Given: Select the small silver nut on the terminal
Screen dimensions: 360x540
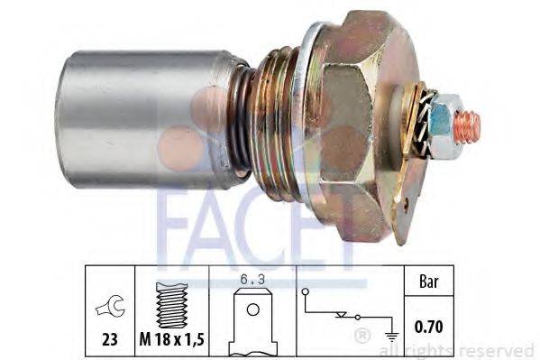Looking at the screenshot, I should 441,120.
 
